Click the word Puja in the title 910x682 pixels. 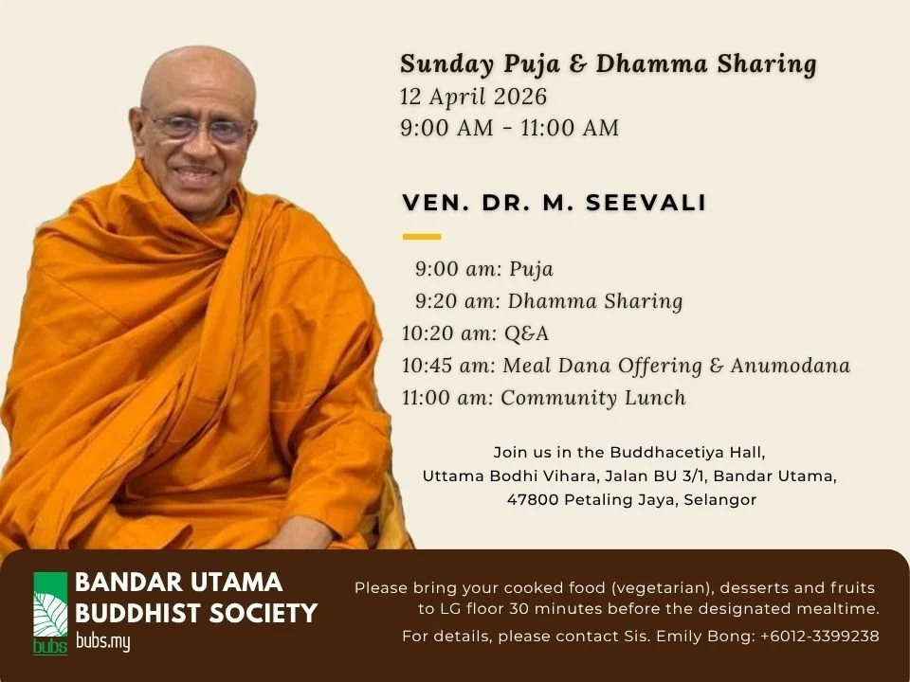coord(533,64)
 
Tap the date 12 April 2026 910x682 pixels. coord(473,97)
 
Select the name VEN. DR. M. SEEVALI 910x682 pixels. coord(555,203)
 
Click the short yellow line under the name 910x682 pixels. coord(422,236)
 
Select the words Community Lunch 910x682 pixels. coord(593,398)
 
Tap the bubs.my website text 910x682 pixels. coord(102,642)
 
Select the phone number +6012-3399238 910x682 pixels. coord(819,637)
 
